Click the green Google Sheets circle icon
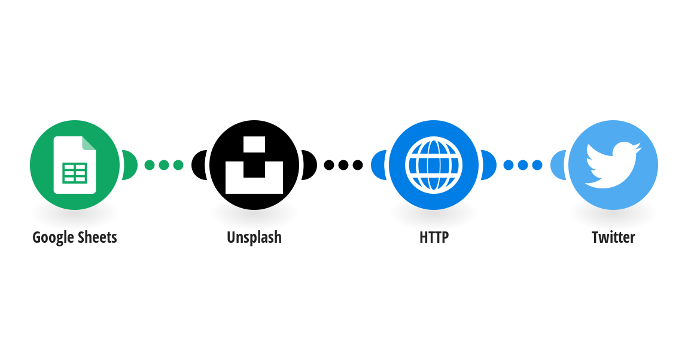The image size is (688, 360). [x=75, y=165]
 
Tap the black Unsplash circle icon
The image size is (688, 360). [x=254, y=165]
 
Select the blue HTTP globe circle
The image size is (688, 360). [x=434, y=165]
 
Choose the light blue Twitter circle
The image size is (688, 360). [x=613, y=165]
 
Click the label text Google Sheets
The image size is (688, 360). [x=75, y=237]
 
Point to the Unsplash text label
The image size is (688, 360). [x=254, y=237]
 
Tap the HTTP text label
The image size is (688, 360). [x=434, y=237]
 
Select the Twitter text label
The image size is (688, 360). [x=613, y=237]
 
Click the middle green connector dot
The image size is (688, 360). [x=164, y=165]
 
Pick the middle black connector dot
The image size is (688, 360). [x=343, y=165]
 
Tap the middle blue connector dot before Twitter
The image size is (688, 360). [x=523, y=165]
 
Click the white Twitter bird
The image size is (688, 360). [x=613, y=164]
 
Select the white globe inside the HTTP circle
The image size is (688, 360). [x=434, y=165]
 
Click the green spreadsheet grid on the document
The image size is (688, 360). [x=75, y=173]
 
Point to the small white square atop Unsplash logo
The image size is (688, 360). [x=254, y=144]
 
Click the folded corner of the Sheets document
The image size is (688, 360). [x=89, y=143]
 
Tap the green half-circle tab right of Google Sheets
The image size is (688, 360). [x=129, y=165]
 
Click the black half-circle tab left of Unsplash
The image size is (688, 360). [x=199, y=165]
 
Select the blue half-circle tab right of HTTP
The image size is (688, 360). [x=488, y=165]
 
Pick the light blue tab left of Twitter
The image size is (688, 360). [x=558, y=165]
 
